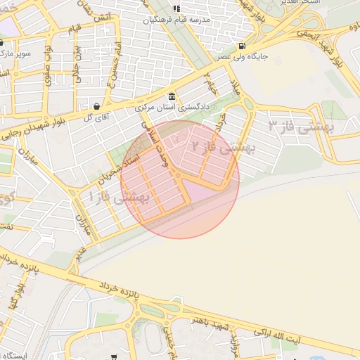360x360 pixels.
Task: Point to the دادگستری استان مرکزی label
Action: (x=173, y=108)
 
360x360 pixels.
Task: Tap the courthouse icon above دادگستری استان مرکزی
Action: (x=172, y=97)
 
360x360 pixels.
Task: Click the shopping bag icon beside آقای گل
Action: (x=96, y=107)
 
